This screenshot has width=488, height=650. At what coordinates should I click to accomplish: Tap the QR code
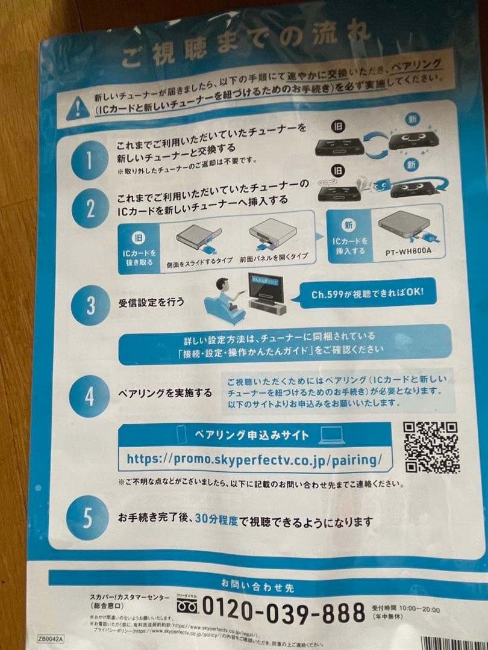click(431, 446)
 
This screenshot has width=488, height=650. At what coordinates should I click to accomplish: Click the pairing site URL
click(254, 460)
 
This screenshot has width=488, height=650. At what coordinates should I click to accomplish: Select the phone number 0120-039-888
click(284, 611)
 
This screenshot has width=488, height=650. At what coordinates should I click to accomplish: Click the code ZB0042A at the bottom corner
click(51, 639)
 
